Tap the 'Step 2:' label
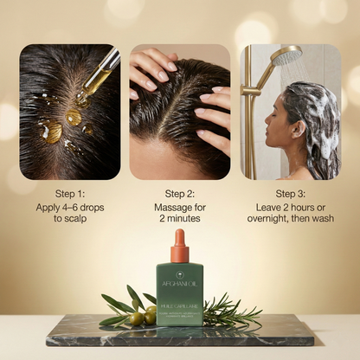(x=180, y=193)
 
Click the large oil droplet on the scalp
(x=49, y=131)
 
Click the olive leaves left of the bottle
(x=121, y=305)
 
